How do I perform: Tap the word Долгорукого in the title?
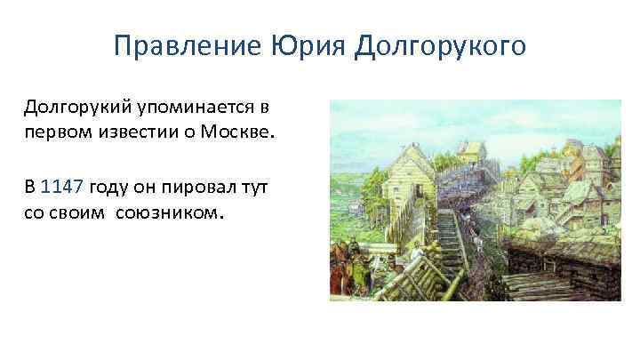441,44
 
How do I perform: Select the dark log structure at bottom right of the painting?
569,267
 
